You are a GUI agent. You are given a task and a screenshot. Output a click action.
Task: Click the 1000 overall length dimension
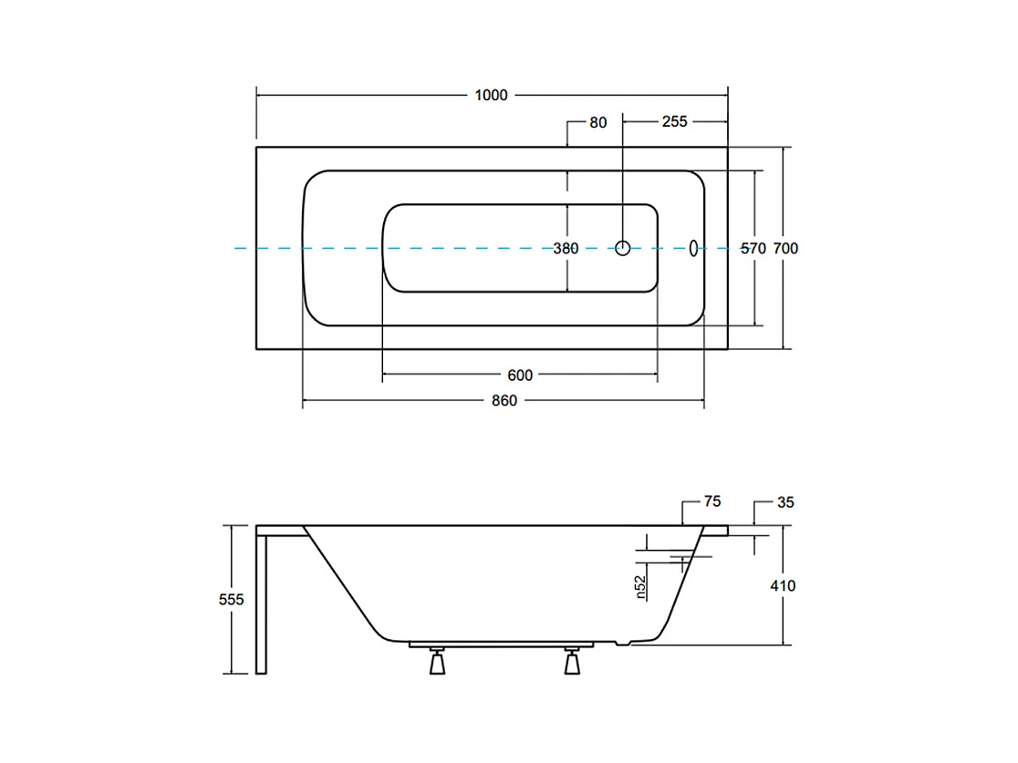[x=491, y=95]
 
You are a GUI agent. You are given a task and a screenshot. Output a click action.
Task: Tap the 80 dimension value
[x=597, y=121]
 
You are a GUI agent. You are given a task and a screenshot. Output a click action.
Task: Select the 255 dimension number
[x=675, y=121]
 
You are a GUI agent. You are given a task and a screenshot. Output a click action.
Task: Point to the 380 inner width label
[x=566, y=248]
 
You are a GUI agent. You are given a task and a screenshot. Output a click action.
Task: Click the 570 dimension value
[x=753, y=248]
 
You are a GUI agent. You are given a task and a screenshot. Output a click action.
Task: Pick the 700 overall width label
[x=785, y=248]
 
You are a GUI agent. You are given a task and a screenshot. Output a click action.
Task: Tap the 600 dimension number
[x=520, y=375]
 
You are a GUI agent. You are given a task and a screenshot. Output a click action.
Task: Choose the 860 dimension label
[x=504, y=401]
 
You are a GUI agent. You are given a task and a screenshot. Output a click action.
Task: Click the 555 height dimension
[x=233, y=599]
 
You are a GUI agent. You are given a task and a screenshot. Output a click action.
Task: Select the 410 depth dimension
[x=783, y=585]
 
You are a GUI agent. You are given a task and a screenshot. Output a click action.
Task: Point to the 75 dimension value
[x=712, y=500]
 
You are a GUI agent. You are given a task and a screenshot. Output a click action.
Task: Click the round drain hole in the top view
[x=623, y=247]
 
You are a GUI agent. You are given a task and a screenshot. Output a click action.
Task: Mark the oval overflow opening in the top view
[x=693, y=247]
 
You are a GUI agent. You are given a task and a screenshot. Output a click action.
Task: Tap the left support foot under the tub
[x=437, y=662]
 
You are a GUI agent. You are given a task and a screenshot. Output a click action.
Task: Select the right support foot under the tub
[x=572, y=662]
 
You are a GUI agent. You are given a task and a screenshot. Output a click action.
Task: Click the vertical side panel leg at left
[x=263, y=602]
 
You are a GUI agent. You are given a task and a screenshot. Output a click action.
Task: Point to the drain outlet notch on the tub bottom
[x=623, y=644]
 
